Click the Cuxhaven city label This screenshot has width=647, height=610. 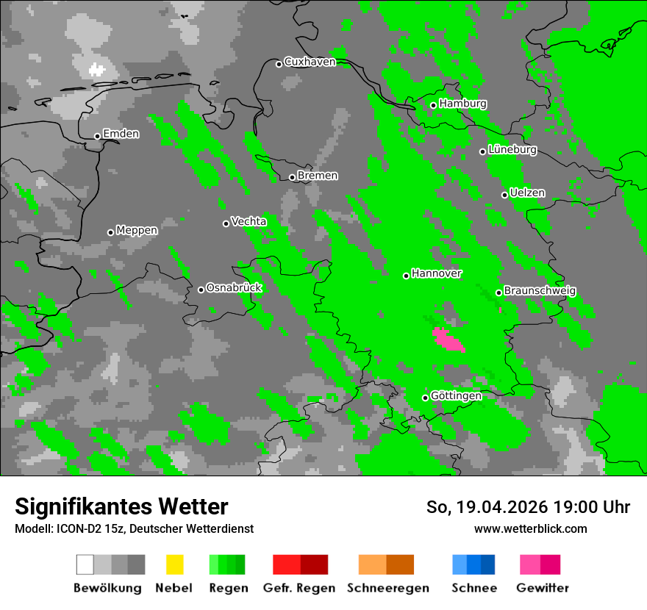[310, 62]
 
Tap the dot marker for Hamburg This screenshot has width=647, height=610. [434, 105]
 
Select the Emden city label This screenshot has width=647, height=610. [121, 134]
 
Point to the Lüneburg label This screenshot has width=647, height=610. [512, 150]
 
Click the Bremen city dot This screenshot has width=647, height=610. [292, 177]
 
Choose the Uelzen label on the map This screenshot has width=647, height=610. [527, 193]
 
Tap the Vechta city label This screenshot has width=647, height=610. [249, 221]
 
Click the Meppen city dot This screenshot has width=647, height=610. [110, 232]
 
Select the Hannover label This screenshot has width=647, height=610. [437, 273]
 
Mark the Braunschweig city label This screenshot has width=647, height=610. [540, 291]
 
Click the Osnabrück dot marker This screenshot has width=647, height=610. [201, 290]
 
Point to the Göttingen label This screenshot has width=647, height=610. [456, 396]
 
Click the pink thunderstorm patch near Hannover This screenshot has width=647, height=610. [448, 340]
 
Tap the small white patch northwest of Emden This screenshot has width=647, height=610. [97, 70]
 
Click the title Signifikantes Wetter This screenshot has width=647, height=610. [121, 506]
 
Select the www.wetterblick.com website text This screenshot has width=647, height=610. [530, 528]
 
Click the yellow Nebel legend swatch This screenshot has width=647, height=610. [174, 564]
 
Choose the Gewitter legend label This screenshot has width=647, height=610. [543, 588]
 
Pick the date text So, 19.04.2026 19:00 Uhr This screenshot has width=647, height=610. [528, 507]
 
